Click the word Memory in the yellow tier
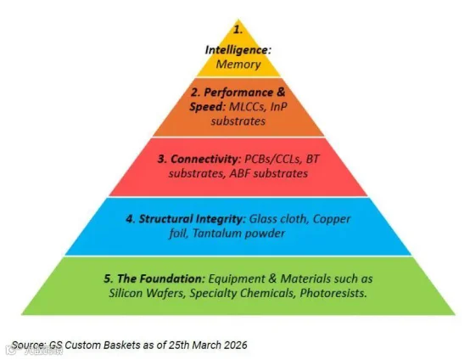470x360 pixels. (x=238, y=65)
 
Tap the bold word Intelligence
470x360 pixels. (x=237, y=50)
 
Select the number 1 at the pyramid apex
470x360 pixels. (x=238, y=30)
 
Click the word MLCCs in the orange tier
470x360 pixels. (x=247, y=107)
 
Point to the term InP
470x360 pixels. (x=279, y=107)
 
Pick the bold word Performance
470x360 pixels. (x=238, y=93)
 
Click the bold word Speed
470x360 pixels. (x=206, y=107)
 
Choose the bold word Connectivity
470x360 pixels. (x=204, y=159)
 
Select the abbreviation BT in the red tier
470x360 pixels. (x=313, y=159)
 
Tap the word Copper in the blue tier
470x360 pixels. (x=332, y=219)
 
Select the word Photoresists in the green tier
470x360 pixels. (x=333, y=293)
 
